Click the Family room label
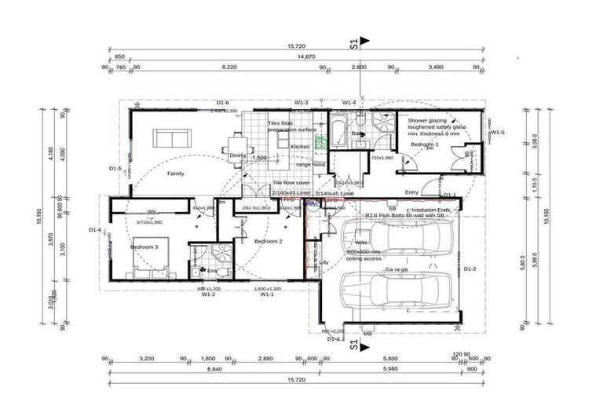pos(174,173)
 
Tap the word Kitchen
pos(300,147)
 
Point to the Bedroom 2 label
pos(269,241)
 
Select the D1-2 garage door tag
pos(470,269)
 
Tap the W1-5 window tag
pos(496,133)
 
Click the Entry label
pos(411,192)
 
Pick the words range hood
pos(310,165)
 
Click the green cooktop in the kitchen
pos(320,142)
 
